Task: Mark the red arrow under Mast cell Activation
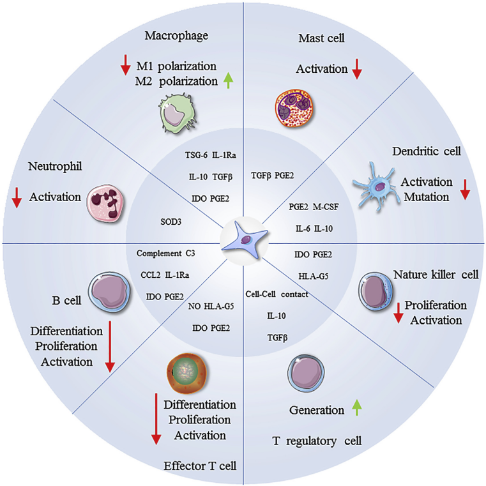point(358,69)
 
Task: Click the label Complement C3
point(165,254)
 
